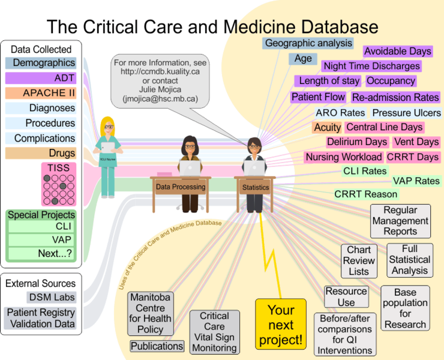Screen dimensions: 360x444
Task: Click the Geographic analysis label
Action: tap(308, 43)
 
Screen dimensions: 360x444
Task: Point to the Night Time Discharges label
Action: tap(371, 66)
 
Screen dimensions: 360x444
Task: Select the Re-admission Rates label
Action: tap(395, 97)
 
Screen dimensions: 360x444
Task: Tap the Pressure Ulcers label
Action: tap(406, 113)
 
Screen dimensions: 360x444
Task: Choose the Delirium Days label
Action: tap(357, 142)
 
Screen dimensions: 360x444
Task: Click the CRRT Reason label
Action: tap(366, 194)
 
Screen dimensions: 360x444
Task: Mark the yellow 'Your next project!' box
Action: tap(281, 325)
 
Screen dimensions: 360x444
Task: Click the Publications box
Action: tap(157, 346)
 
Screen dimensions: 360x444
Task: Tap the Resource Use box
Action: tap(346, 297)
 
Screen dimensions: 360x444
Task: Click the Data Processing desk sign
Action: tap(181, 187)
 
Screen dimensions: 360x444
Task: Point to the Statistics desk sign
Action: tap(255, 187)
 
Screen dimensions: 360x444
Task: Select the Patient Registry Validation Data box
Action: tap(41, 319)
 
